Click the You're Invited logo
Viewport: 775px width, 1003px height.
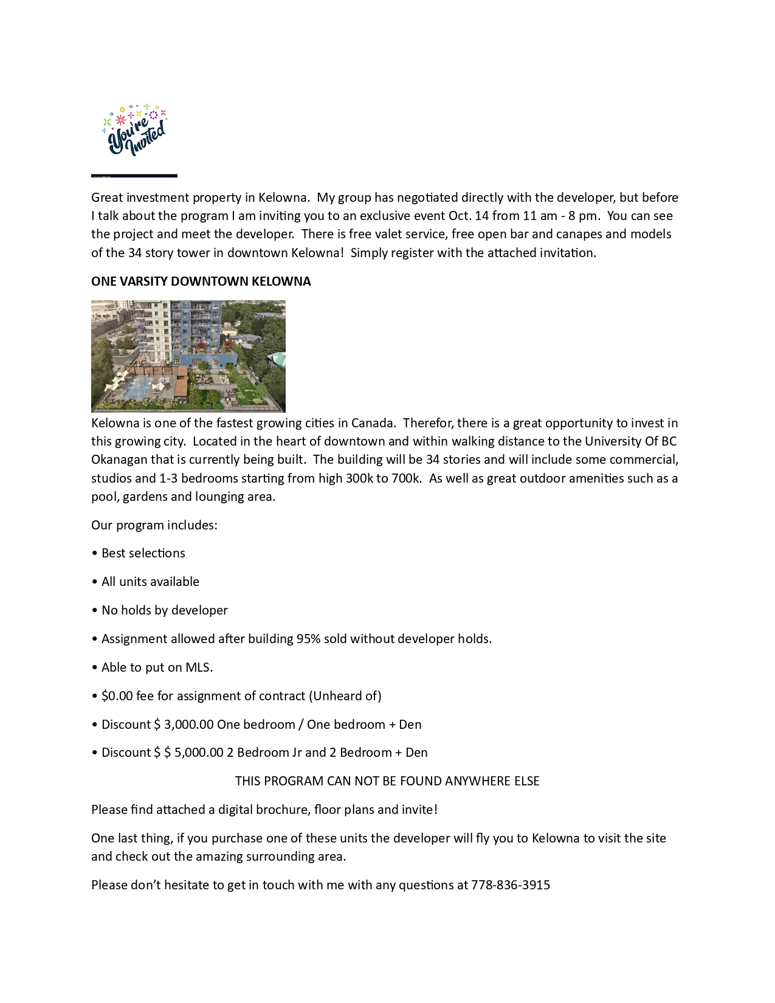click(135, 130)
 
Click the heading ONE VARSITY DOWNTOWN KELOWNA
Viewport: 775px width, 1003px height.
click(201, 281)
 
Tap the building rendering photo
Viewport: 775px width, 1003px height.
click(188, 356)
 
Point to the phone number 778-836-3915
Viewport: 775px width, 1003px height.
click(511, 885)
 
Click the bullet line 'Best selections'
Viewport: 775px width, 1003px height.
click(143, 553)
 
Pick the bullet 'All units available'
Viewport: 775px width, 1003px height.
click(150, 582)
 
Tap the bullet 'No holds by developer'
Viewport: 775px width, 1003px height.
click(164, 610)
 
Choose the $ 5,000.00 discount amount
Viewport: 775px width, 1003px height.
click(194, 753)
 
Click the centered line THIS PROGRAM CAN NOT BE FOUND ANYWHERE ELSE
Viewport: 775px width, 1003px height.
click(387, 781)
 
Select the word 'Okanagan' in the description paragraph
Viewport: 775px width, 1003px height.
click(119, 460)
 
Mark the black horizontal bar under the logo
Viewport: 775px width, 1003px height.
click(134, 176)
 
